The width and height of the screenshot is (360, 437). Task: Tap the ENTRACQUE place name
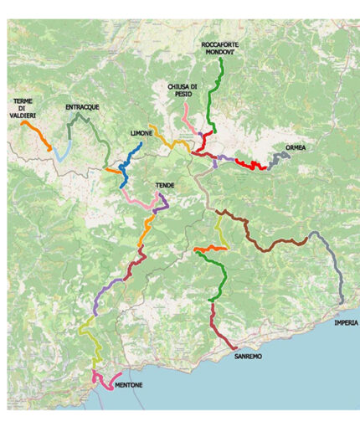(x=82, y=108)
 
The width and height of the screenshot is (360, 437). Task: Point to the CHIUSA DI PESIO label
(x=183, y=90)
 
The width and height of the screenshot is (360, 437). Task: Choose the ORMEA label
(x=296, y=147)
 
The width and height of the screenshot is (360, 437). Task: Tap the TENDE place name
(x=164, y=185)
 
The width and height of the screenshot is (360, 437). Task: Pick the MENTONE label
(x=128, y=385)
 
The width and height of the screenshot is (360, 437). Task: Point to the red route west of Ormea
(x=250, y=164)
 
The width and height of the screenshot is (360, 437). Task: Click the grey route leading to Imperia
(x=335, y=268)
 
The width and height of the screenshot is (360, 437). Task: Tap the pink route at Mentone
(x=105, y=382)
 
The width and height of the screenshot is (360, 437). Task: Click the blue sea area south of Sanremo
(x=268, y=393)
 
